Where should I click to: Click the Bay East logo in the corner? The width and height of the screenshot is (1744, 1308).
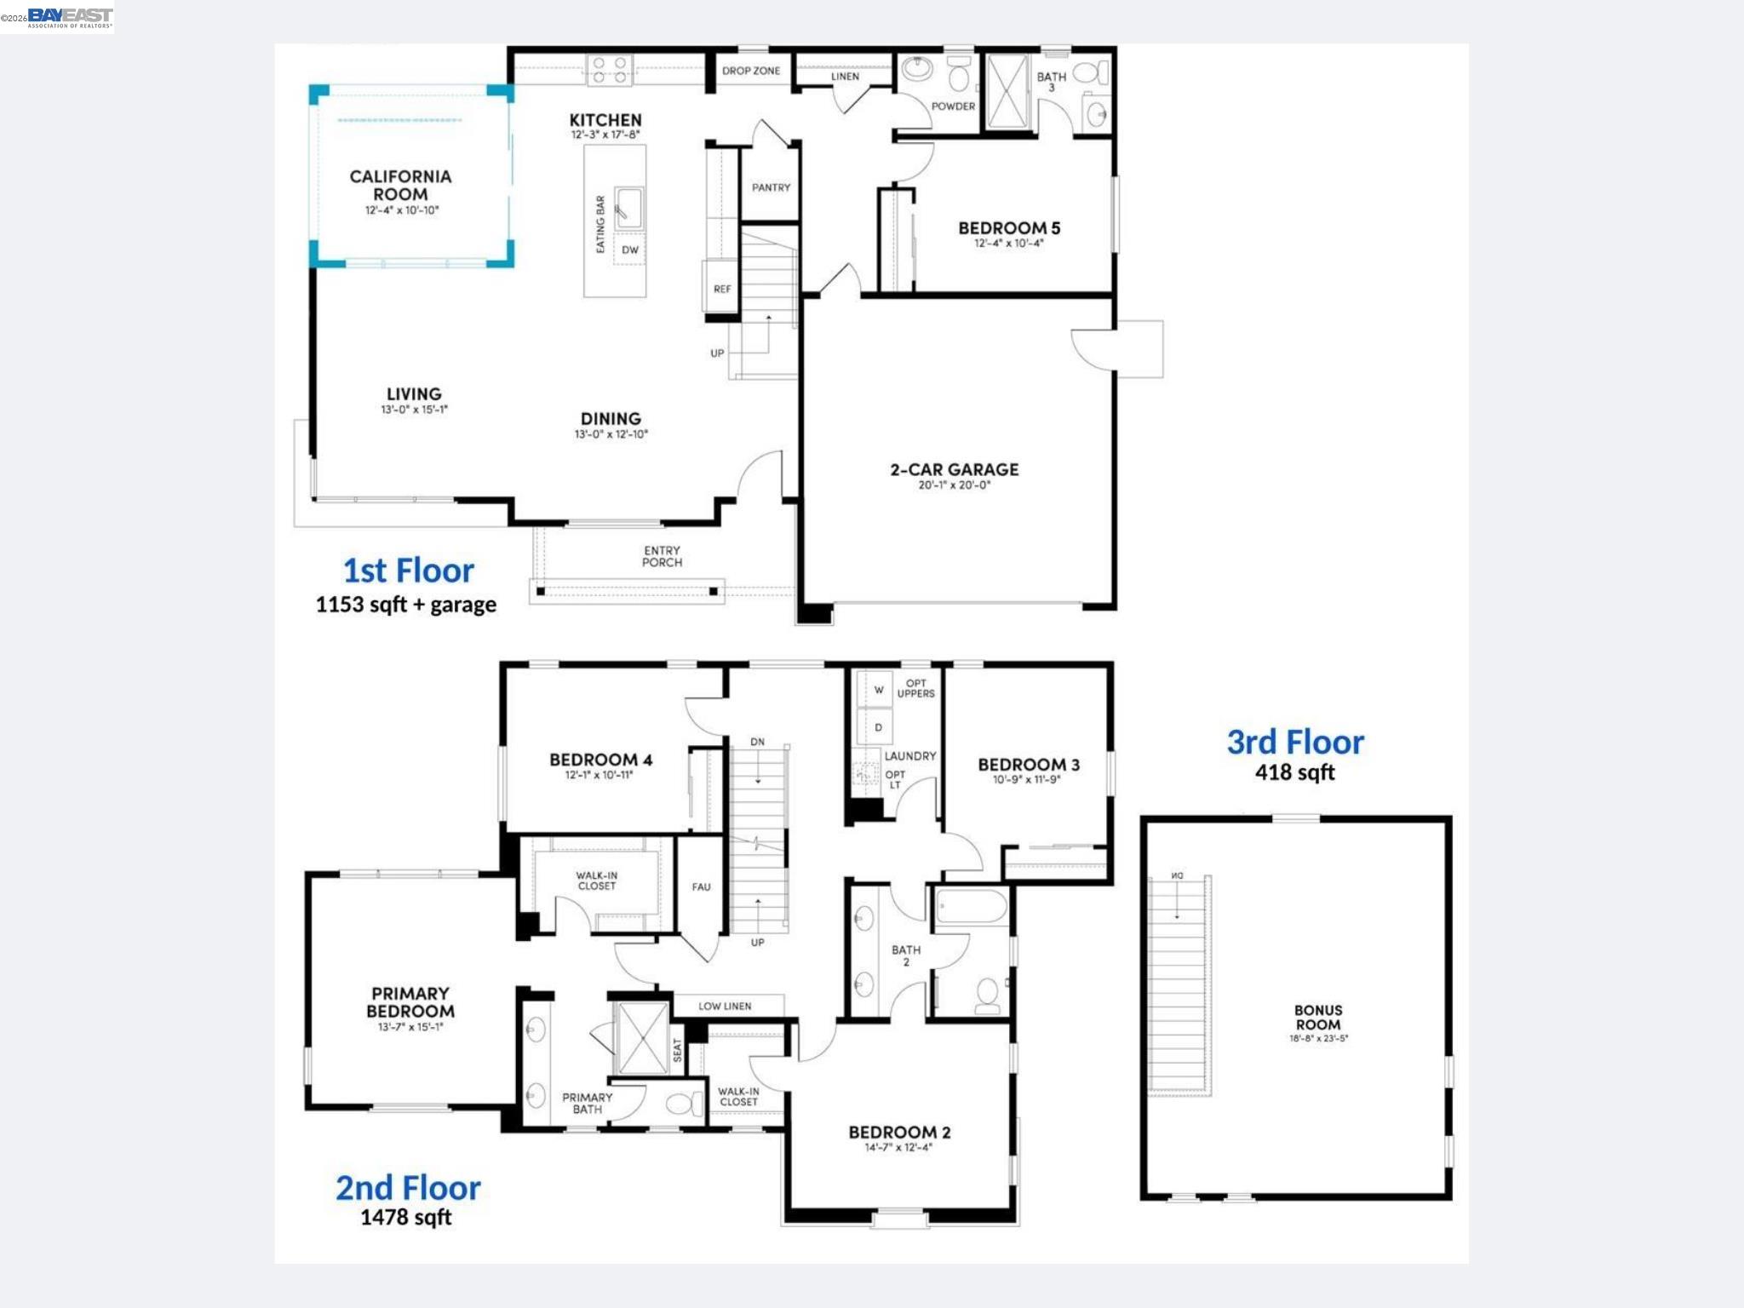pos(70,17)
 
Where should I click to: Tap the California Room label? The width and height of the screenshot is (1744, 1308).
pos(400,185)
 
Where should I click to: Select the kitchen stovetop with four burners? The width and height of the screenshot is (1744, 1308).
pos(610,70)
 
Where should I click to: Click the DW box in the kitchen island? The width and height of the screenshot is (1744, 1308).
pos(629,250)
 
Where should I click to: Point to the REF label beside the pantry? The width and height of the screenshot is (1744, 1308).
pos(721,289)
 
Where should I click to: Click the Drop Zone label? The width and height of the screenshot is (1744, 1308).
pos(750,71)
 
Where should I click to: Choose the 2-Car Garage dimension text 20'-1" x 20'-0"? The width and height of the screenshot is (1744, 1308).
pos(954,485)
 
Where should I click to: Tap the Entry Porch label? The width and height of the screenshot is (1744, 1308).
pos(662,556)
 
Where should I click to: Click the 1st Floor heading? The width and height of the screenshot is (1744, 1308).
pos(408,571)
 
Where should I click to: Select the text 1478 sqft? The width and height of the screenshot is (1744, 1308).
pos(405,1217)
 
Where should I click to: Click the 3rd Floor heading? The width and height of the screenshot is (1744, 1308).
pos(1294,743)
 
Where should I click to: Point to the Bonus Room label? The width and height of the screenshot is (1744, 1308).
pos(1317,1018)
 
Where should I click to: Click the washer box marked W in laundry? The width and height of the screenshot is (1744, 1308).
pos(877,690)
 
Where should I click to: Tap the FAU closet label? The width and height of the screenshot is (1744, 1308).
pos(701,886)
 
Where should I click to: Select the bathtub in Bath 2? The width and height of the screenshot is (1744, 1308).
pos(971,907)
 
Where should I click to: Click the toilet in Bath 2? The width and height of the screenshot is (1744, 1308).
pos(987,994)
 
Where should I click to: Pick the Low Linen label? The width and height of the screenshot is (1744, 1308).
pos(725,1006)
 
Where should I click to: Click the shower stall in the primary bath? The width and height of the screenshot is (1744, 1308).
pos(641,1038)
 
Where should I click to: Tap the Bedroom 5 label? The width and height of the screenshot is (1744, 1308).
pos(1009,228)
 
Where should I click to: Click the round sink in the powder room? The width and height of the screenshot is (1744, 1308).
pos(918,69)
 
